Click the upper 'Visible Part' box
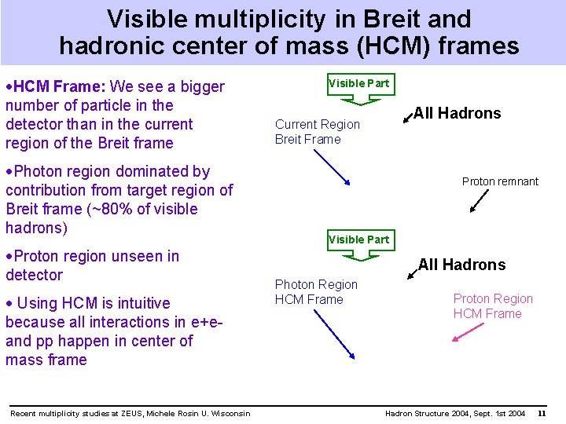click(358, 83)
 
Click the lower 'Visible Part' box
click(358, 239)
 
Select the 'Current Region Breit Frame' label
click(317, 132)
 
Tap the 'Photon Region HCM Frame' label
click(315, 292)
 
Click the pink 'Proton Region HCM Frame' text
click(492, 306)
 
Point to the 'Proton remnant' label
click(500, 181)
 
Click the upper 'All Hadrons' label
click(457, 113)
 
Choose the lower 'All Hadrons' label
click(461, 265)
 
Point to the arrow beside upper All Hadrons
click(407, 118)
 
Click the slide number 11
click(542, 414)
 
